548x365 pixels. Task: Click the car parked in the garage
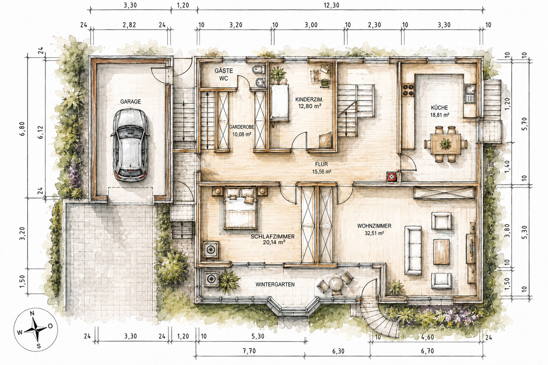130,145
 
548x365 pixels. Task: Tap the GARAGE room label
130,102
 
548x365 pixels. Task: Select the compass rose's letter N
32,314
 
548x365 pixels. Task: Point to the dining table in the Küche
445,144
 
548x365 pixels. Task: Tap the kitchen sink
470,94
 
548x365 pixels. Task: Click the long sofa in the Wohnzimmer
413,250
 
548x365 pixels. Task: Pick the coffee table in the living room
441,252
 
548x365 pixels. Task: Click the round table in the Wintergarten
336,284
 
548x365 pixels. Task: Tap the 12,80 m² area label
309,106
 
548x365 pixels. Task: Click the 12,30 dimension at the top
331,5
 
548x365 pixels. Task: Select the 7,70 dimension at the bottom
249,351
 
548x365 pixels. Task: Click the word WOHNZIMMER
374,226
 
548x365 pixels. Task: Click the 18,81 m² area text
439,115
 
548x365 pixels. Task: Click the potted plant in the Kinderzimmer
278,74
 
